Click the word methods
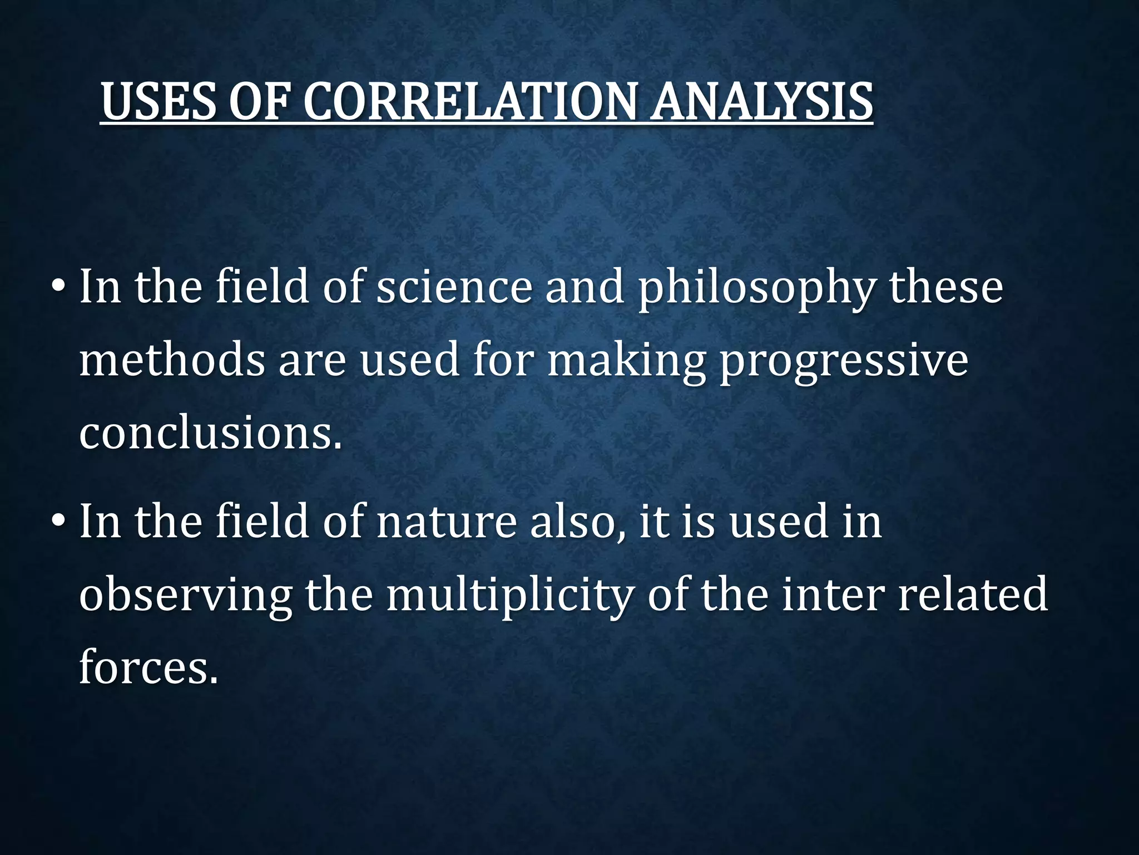(x=172, y=361)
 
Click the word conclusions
(x=210, y=434)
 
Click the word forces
(x=148, y=667)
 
